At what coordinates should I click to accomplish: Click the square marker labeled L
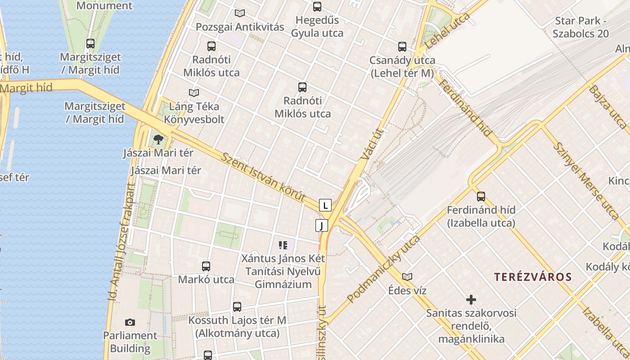click(x=325, y=205)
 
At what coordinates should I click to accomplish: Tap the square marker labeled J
click(x=322, y=225)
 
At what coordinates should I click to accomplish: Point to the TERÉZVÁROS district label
click(x=533, y=277)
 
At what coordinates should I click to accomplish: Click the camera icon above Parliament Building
click(x=130, y=322)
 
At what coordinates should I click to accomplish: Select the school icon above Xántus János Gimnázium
click(x=283, y=245)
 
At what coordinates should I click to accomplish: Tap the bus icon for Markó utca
click(x=206, y=266)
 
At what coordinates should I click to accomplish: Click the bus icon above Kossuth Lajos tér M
click(x=237, y=307)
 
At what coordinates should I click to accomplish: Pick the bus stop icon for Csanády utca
click(x=402, y=47)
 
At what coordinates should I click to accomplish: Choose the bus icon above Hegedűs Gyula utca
click(x=317, y=7)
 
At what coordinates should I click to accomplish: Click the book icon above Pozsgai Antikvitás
click(x=240, y=13)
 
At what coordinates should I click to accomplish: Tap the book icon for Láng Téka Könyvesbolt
click(x=194, y=93)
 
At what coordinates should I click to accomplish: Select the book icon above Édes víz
click(x=407, y=277)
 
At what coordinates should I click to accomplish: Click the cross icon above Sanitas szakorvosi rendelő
click(x=471, y=299)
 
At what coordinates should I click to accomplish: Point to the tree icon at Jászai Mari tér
click(x=158, y=139)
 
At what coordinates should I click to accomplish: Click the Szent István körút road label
click(x=264, y=177)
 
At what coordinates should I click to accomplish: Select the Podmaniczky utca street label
click(x=383, y=269)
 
